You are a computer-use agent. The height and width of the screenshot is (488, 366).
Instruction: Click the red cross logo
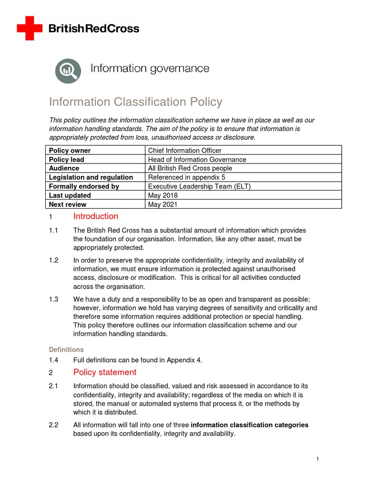[x=30, y=28]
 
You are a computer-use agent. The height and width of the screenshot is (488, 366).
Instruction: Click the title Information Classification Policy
[x=136, y=102]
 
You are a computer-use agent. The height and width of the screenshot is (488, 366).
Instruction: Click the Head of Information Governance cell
[x=197, y=160]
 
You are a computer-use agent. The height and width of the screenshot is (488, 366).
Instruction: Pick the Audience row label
[x=64, y=168]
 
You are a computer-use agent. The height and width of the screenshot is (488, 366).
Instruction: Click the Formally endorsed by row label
[x=84, y=186]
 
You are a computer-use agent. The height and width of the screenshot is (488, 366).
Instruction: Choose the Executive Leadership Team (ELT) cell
[x=199, y=186]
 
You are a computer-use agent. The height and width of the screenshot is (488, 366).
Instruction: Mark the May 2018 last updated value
[x=163, y=195]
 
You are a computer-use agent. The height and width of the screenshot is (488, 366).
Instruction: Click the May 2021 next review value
[x=163, y=204]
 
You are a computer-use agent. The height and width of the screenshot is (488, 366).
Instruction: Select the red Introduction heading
[x=96, y=216]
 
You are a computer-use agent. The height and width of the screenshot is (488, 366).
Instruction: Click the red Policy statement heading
[x=105, y=372]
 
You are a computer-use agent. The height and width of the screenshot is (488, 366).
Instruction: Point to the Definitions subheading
[x=66, y=349]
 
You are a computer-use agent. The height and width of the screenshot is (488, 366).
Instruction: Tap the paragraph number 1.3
[x=53, y=299]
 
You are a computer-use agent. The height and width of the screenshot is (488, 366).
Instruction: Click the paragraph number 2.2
[x=53, y=425]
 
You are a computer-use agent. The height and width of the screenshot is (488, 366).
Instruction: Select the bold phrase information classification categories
[x=250, y=425]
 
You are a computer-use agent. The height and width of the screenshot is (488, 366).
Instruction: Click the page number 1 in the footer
[x=317, y=459]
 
